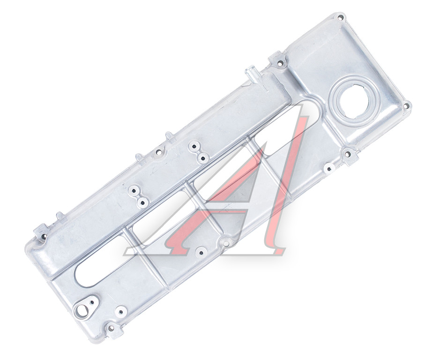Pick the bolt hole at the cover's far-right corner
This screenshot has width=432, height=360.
(x=406, y=106)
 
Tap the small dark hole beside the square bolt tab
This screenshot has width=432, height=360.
(x=328, y=168)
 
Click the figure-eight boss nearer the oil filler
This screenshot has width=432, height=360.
(x=198, y=152)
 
